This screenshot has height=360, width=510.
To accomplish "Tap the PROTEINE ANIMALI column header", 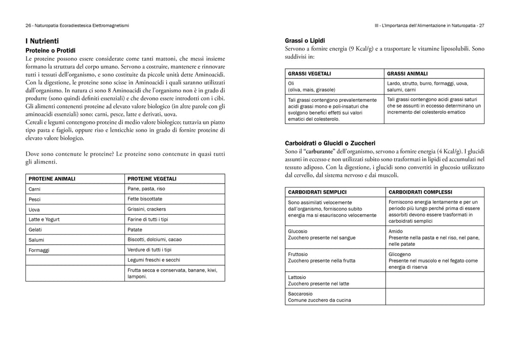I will coord(52,178).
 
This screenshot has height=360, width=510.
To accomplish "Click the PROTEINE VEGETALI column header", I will coord(152,178).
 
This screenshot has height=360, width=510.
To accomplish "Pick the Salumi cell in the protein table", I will coord(36,240).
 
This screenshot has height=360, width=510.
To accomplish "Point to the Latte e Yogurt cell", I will coord(44,219).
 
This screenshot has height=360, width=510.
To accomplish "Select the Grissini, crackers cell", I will coord(147,209).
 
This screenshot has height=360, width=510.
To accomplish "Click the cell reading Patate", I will coord(135,229).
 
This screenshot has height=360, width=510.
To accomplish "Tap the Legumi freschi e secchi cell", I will coord(150,260).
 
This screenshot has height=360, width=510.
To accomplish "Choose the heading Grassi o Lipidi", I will coord(305,40).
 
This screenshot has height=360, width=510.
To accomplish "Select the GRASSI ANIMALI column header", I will coord(407,73).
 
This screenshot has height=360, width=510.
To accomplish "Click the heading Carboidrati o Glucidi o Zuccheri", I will coord(338,143).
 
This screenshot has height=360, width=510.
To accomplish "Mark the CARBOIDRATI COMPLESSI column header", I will coord(420,192).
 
